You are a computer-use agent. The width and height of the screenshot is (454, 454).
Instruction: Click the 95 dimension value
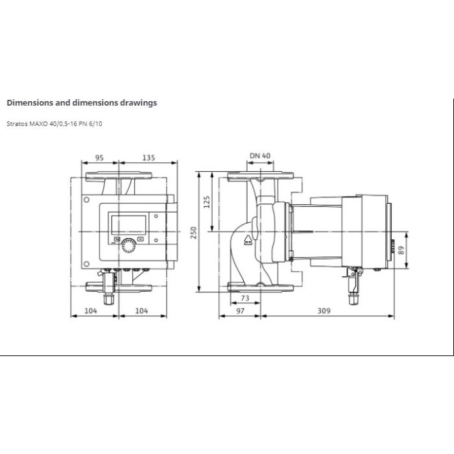point(99,158)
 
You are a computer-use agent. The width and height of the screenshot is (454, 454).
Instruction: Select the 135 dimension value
point(149,158)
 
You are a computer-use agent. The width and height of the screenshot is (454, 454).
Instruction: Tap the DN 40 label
point(260,156)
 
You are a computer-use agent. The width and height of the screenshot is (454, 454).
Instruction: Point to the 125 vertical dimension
point(207,202)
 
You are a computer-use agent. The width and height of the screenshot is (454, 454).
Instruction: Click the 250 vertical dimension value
point(193,232)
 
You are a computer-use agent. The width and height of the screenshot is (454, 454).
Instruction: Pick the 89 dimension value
point(401,250)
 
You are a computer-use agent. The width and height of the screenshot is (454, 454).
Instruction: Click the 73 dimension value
point(245,298)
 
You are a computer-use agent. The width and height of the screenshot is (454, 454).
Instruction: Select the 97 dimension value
point(241,311)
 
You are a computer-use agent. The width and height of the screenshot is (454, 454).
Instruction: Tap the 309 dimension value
point(324,311)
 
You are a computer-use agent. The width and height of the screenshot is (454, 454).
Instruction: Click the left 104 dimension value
point(91,311)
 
